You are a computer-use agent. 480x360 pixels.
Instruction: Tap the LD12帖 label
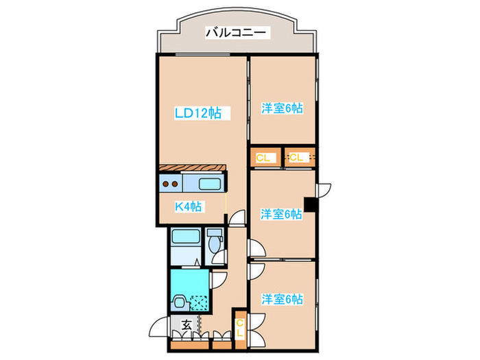click(197, 113)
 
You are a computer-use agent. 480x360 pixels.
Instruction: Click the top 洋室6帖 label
click(282, 108)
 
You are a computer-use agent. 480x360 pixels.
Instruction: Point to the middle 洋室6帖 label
click(281, 214)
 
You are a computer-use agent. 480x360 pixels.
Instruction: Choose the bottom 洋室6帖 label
click(282, 299)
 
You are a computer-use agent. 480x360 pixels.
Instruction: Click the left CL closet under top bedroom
click(264, 158)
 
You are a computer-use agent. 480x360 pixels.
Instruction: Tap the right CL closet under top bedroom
click(298, 158)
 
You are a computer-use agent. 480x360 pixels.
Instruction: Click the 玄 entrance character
click(187, 325)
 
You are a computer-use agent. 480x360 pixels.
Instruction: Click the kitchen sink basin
click(210, 184)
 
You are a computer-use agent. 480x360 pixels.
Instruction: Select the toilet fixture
click(215, 243)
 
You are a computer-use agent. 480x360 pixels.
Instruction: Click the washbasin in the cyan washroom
click(179, 300)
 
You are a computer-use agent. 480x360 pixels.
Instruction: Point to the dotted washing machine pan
click(200, 300)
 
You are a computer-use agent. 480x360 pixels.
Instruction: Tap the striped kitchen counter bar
click(192, 169)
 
